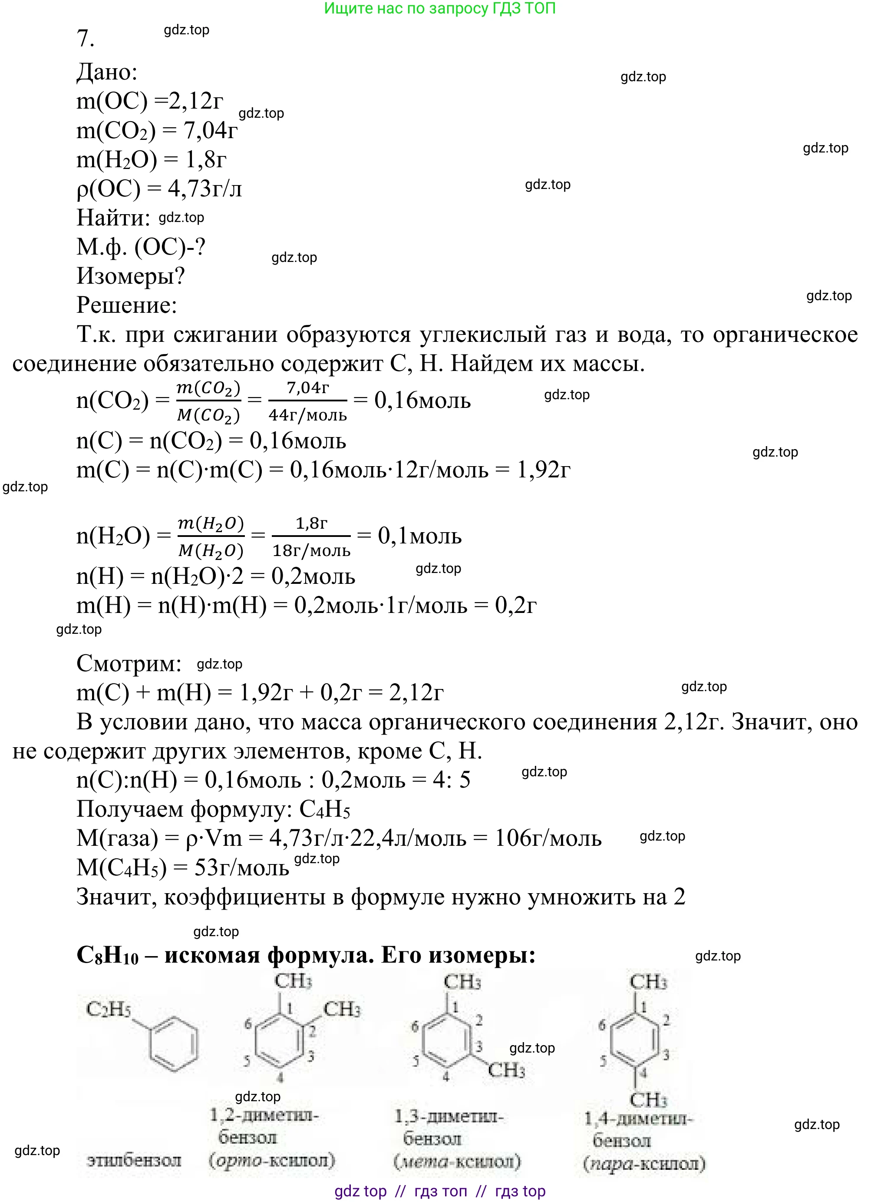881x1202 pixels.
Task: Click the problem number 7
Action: click(x=86, y=38)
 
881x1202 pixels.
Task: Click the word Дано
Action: click(x=107, y=72)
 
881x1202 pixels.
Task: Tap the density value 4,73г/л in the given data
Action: click(x=205, y=189)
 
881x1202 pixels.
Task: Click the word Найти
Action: click(x=113, y=218)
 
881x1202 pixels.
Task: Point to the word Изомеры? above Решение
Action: click(x=131, y=276)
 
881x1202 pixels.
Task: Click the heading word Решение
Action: click(x=126, y=305)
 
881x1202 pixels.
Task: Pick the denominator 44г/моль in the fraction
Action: click(x=308, y=414)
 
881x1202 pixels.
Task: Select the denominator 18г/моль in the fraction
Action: click(x=311, y=550)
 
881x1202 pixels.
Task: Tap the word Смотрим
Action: click(x=129, y=664)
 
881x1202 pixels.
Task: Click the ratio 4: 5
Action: click(x=451, y=780)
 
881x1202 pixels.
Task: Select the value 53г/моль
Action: click(x=241, y=868)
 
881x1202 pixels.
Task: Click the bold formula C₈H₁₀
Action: click(x=107, y=955)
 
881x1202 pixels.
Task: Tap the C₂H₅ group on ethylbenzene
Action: click(x=108, y=1009)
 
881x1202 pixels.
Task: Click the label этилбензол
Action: click(x=134, y=1160)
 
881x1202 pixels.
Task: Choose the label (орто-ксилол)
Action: click(x=272, y=1160)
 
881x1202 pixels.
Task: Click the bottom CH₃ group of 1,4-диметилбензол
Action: click(x=648, y=1099)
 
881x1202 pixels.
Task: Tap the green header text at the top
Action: click(x=439, y=9)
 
